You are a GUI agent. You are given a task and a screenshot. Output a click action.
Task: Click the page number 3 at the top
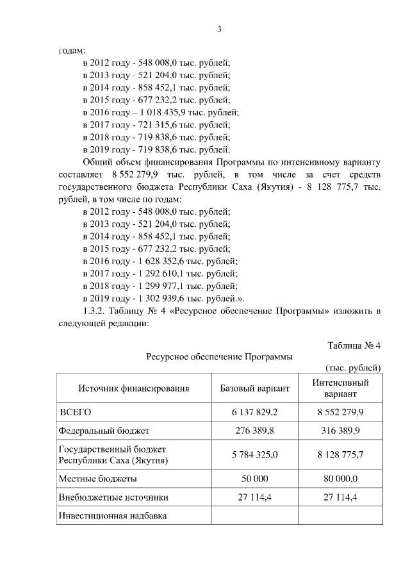219,29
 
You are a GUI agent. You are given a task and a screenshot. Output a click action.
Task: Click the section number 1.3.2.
95,311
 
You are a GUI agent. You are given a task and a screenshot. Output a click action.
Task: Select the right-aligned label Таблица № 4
354,345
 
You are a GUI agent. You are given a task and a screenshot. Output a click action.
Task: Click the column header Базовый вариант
254,388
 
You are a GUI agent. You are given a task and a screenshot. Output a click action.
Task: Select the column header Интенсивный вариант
340,388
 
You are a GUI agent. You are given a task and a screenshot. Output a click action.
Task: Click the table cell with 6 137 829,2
254,411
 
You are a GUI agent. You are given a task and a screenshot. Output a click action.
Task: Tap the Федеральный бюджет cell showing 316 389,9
340,431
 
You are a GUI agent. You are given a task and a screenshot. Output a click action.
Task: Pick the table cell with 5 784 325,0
254,455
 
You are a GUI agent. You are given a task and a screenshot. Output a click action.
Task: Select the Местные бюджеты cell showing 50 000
254,478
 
